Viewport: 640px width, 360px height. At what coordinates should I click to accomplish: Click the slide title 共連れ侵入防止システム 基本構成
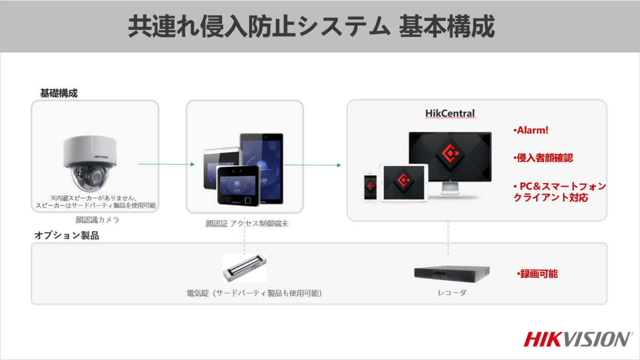point(311,27)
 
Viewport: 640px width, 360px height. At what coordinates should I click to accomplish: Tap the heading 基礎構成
point(59,93)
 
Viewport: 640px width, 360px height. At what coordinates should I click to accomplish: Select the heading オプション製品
point(67,236)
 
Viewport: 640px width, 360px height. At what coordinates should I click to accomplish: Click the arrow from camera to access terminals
point(167,164)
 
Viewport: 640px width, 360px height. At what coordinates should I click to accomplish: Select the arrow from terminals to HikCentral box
point(313,165)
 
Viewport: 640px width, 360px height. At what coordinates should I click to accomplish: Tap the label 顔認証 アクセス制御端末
point(244,223)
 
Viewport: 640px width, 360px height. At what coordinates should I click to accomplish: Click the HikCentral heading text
point(450,113)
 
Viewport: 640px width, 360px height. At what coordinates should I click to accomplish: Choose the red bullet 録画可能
point(538,274)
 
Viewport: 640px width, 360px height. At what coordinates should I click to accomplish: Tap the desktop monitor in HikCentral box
point(450,159)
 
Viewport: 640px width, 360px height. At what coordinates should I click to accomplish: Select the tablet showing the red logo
point(403,182)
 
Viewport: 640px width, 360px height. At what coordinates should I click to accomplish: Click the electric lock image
point(244,268)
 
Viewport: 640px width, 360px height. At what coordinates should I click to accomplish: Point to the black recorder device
point(451,274)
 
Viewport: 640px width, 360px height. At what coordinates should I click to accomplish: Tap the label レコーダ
point(452,293)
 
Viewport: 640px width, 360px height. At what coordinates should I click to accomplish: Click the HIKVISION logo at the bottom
point(577,339)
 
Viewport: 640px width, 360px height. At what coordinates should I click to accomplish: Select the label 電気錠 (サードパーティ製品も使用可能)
point(254,293)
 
